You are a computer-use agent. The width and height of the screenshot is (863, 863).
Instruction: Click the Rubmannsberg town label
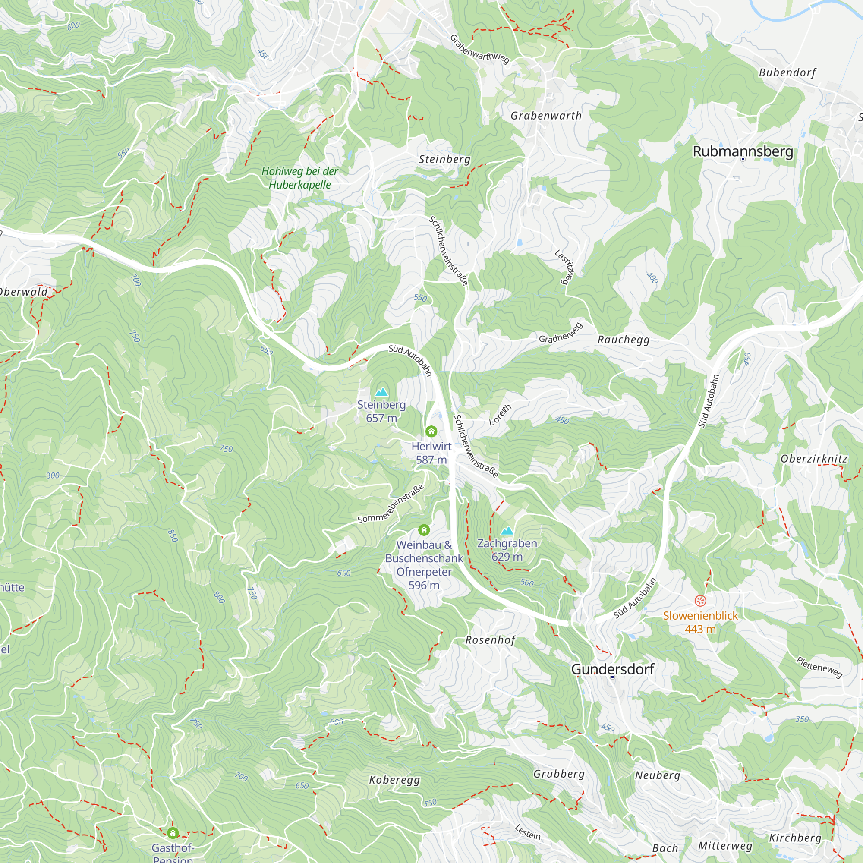click(x=743, y=151)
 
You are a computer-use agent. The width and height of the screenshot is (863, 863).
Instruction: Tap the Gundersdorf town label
click(x=612, y=669)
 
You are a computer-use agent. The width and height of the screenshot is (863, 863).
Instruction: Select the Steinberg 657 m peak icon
click(x=381, y=392)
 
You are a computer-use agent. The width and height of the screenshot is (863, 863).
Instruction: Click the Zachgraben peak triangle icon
click(x=507, y=531)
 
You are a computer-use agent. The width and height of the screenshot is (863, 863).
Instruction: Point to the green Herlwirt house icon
click(x=431, y=431)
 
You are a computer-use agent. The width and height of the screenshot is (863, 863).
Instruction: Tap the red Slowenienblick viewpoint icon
click(x=700, y=600)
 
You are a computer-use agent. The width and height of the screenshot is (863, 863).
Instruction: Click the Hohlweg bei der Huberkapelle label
click(x=300, y=178)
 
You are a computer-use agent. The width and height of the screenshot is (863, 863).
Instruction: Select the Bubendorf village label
click(x=787, y=72)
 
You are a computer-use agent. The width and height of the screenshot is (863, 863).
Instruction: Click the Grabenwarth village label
click(x=546, y=116)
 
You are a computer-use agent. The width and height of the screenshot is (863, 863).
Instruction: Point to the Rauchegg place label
click(x=624, y=340)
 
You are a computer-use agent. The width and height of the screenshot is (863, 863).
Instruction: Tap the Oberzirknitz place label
click(x=814, y=459)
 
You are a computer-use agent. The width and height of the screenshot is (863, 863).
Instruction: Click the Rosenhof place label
click(x=491, y=640)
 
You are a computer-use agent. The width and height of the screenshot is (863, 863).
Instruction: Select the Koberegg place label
click(x=394, y=780)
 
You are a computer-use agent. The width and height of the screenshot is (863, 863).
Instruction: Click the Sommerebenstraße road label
click(x=391, y=504)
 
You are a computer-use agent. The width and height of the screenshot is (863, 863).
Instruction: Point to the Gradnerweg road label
click(x=561, y=333)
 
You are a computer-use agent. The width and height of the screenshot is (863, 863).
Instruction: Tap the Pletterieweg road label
click(x=819, y=667)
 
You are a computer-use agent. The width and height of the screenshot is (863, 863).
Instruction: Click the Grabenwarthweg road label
click(x=479, y=49)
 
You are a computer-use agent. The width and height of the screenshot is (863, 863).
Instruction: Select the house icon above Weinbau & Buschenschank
click(x=424, y=530)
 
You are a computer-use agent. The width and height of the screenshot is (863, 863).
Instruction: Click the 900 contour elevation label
click(x=53, y=475)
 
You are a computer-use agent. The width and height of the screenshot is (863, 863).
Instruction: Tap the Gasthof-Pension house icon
click(x=173, y=833)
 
